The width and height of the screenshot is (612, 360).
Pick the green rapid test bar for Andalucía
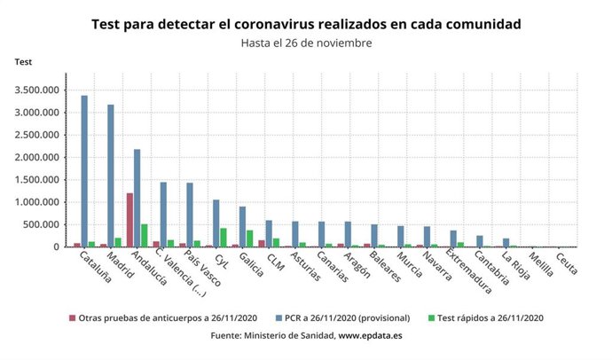pos(145,235)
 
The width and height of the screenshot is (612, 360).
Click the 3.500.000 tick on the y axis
pos(35,90)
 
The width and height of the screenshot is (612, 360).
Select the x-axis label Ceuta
pos(567,263)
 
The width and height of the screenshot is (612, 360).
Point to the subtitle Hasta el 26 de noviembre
pos(306,43)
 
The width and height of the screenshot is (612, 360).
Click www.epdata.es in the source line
pos(373,336)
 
